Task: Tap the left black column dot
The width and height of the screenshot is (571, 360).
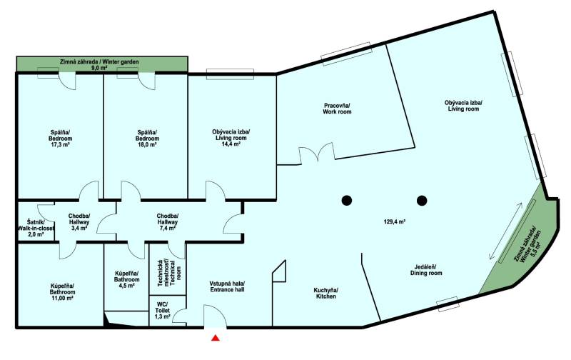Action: [x=347, y=199]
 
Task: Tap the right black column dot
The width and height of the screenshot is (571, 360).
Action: [x=422, y=199]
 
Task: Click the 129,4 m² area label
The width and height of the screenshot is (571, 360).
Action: [x=395, y=223]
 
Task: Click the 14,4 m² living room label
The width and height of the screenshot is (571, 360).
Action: [x=231, y=137]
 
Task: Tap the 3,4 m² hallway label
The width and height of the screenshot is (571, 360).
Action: [x=79, y=223]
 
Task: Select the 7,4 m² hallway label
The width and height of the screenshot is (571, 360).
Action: [x=168, y=223]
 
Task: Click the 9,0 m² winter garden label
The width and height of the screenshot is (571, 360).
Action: [x=102, y=66]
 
